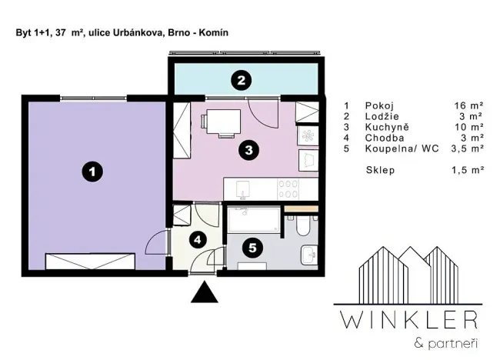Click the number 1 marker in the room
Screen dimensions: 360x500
(x=92, y=173)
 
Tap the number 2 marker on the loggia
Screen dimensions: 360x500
(x=242, y=78)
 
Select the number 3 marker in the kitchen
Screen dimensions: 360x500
(x=247, y=150)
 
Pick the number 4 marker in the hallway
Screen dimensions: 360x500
(x=198, y=239)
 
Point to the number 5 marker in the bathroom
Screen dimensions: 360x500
(x=252, y=248)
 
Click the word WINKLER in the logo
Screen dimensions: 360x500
(x=409, y=318)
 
